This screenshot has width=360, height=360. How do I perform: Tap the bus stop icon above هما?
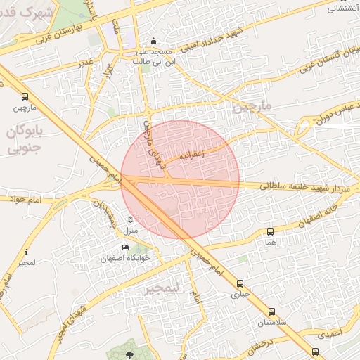point(270,231)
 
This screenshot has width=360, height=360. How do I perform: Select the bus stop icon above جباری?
point(240,284)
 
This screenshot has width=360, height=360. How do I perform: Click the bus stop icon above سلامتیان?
point(271,312)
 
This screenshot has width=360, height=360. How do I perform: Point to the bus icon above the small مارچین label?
point(25,97)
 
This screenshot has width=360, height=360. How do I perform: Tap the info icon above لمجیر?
point(26,252)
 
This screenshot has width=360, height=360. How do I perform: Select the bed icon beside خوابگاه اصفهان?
point(125,247)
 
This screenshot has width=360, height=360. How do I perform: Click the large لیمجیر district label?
point(162,288)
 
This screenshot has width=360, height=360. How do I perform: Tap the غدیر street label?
point(86,63)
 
